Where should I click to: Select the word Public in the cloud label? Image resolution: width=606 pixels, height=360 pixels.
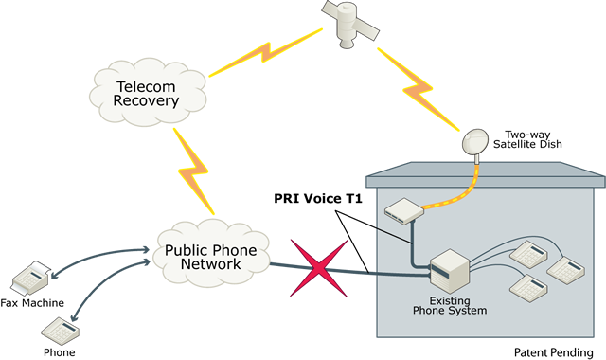(x=185, y=251)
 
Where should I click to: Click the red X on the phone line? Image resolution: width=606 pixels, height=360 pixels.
(x=317, y=267)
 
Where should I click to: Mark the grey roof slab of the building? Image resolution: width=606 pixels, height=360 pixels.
(x=483, y=174)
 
